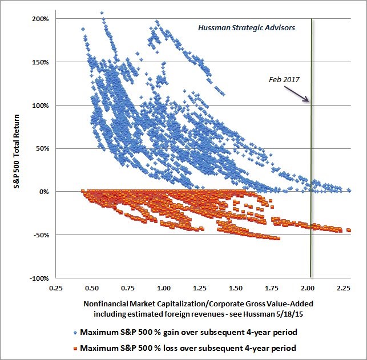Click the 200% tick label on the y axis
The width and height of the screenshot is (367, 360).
coord(41,19)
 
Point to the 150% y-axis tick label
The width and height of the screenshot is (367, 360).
coord(41,62)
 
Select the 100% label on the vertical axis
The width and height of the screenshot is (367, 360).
coord(41,106)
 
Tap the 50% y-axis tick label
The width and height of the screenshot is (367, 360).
coord(42,149)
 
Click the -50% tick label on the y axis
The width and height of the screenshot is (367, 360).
coord(41,235)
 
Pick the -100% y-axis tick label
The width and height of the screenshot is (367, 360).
coord(39,278)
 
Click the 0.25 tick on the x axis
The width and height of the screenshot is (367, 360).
coord(56,288)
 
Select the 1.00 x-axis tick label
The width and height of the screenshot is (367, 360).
coord(164,288)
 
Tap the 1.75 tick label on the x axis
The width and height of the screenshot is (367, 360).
coord(271,288)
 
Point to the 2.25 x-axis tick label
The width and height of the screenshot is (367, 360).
coord(344,288)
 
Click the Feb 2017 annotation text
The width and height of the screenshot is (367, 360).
coord(284,80)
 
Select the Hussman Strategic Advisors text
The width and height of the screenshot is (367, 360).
coord(247,28)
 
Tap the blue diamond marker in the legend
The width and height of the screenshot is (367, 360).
coord(75,333)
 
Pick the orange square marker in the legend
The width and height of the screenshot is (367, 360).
coord(75,349)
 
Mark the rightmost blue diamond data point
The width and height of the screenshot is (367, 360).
coord(349,190)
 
